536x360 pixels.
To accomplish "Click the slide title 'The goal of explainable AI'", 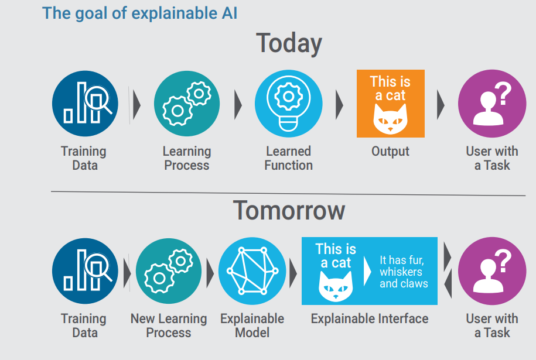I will pos(140,13).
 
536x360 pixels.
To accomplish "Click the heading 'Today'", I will pos(289,44).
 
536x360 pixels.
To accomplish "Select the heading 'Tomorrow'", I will pos(289,210).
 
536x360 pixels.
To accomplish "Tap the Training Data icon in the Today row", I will pos(85,104).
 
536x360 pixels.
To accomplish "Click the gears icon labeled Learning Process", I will pos(187,104).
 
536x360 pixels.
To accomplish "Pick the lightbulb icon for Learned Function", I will pos(288,104).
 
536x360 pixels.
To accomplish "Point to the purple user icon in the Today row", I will pos(491,104).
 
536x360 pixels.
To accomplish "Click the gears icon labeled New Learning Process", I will pos(169,271).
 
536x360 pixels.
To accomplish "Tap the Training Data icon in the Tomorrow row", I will pos(85,271).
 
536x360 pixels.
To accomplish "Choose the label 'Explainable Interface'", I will pos(369,319).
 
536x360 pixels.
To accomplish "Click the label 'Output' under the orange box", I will pos(390,152).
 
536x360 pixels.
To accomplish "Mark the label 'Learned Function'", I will pos(288,158).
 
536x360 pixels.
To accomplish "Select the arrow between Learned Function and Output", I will pos(339,105).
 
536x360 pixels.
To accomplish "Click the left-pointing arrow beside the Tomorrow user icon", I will pos(447,284).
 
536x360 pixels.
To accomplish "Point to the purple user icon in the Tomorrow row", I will pos(491,271).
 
